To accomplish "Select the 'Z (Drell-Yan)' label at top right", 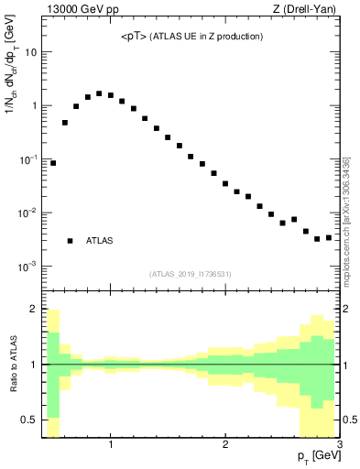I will tap(308, 10).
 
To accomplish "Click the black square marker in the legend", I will tap(70, 241).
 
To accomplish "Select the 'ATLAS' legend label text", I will tap(100, 241).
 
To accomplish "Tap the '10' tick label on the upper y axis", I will tap(29, 52).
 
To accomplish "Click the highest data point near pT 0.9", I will tap(99, 93).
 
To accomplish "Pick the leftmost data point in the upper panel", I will tap(53, 163).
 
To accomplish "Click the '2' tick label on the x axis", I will tap(225, 445).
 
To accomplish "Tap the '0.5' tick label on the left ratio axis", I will tap(30, 420).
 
